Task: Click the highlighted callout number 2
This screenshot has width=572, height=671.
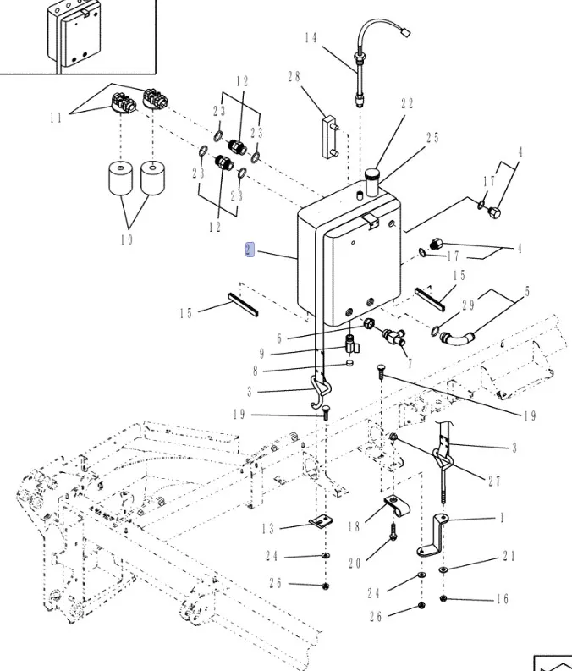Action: coord(249,250)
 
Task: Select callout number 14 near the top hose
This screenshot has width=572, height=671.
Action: coord(310,38)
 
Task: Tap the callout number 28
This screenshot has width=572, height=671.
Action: coord(294,77)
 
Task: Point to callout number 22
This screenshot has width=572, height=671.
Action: coord(407,104)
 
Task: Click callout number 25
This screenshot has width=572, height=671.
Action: coord(432,138)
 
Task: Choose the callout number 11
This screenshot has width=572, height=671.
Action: coord(56,118)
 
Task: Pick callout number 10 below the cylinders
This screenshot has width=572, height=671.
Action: coord(126,239)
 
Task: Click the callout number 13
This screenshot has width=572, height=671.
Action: coord(267,529)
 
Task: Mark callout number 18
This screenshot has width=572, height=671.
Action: coord(353,527)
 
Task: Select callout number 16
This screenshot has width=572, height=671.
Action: coord(502,599)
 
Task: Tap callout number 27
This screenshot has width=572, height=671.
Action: coord(494,481)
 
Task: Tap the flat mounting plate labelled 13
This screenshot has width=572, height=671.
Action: coord(319,523)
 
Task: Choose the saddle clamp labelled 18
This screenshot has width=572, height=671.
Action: coord(393,510)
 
